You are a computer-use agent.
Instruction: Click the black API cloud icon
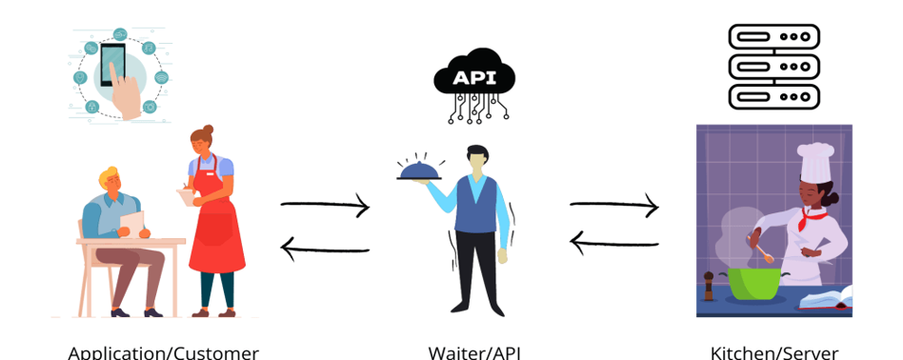(473, 77)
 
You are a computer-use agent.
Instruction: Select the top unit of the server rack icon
(773, 36)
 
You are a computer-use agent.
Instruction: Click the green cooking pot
(754, 282)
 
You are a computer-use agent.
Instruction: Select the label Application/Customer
(163, 351)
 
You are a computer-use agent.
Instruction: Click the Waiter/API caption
(473, 351)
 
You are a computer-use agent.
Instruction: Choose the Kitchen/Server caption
(773, 351)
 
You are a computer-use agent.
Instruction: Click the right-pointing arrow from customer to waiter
(325, 205)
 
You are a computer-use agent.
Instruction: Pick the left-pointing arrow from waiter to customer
(325, 250)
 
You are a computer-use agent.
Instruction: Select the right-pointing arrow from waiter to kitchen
(614, 205)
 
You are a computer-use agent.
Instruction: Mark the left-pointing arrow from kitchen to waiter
(614, 242)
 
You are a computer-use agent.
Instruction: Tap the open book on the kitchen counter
(823, 299)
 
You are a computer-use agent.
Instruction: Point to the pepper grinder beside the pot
(708, 285)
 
